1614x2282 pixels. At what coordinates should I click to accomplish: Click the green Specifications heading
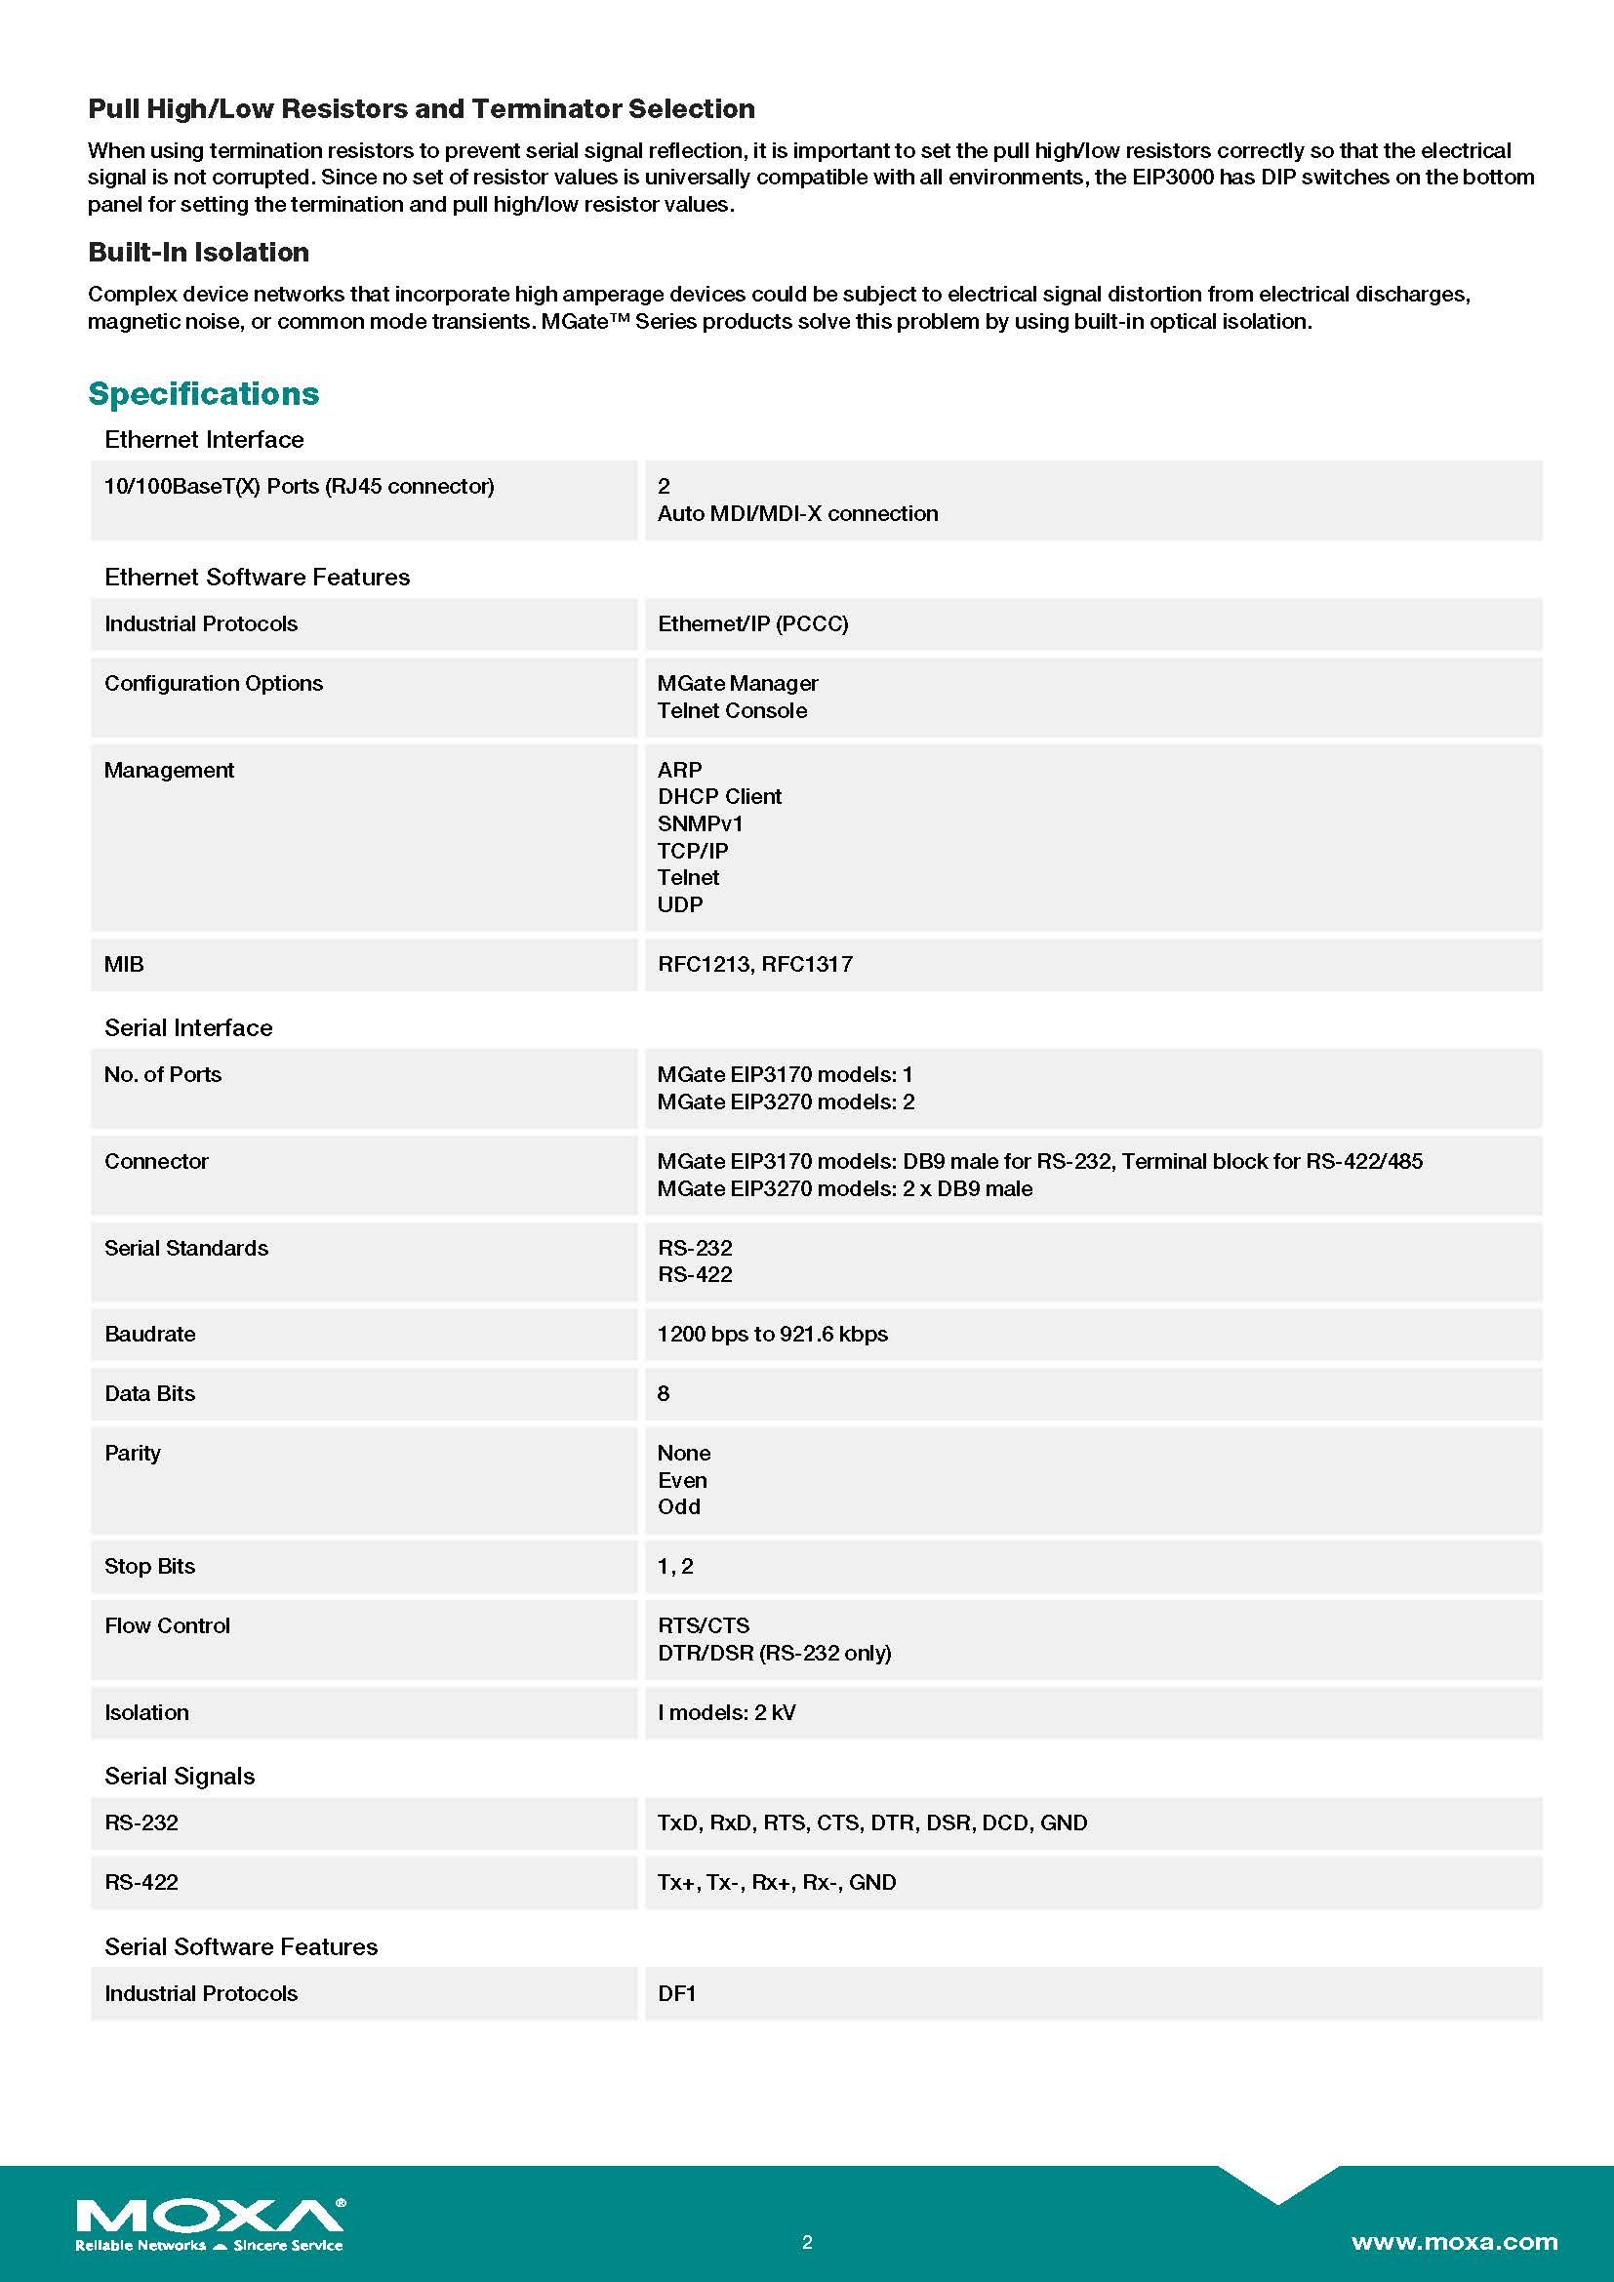(x=204, y=393)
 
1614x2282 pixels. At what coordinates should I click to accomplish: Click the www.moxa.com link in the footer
(x=1454, y=2241)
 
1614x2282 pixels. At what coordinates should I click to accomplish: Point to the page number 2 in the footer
(x=807, y=2241)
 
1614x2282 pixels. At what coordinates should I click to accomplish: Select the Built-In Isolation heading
(x=199, y=253)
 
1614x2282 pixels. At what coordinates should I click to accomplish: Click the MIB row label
(x=124, y=964)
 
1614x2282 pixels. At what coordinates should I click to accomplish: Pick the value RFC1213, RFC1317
(x=755, y=964)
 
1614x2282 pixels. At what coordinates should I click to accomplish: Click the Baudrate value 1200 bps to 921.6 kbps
(x=772, y=1334)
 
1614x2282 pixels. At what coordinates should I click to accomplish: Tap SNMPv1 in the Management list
(x=700, y=824)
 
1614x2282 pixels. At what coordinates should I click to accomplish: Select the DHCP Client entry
(x=719, y=796)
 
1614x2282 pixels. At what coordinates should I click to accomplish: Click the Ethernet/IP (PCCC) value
(x=752, y=624)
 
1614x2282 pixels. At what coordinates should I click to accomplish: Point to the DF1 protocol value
(x=677, y=1993)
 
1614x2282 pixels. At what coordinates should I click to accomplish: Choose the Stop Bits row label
(x=150, y=1567)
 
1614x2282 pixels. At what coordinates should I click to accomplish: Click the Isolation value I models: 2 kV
(x=727, y=1712)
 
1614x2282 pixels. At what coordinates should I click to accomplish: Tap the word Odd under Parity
(x=679, y=1506)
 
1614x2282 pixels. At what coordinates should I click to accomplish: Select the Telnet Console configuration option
(x=733, y=710)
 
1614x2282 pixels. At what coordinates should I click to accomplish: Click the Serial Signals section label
(x=180, y=1776)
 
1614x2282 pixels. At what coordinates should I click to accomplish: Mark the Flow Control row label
(x=167, y=1626)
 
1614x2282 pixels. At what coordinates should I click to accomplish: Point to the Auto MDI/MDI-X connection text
(x=798, y=514)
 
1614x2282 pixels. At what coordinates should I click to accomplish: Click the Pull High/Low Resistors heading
(x=422, y=109)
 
